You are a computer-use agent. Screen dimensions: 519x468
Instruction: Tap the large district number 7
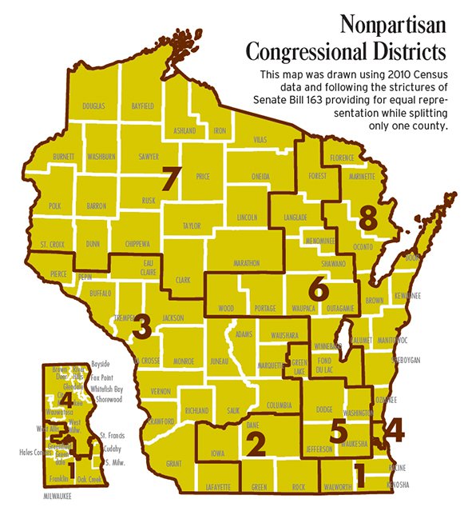coord(169,180)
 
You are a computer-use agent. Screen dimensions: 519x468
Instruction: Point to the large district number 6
coord(318,289)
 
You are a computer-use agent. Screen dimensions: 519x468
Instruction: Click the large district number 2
coord(255,442)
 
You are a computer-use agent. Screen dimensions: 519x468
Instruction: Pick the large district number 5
coord(339,429)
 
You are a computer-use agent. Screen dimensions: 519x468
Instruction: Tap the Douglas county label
coord(93,106)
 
